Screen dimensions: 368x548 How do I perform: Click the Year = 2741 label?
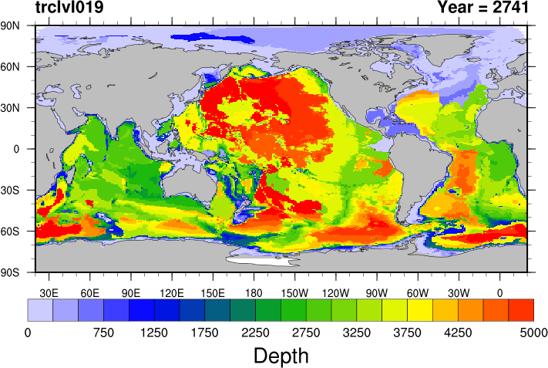pos(482,8)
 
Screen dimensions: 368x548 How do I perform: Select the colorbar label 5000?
pos(533,333)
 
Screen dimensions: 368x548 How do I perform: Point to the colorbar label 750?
pos(103,333)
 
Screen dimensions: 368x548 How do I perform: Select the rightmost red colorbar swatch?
pos(521,310)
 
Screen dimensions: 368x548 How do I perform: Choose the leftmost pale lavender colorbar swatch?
pos(40,310)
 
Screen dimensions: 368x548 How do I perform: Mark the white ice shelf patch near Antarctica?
pos(258,261)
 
